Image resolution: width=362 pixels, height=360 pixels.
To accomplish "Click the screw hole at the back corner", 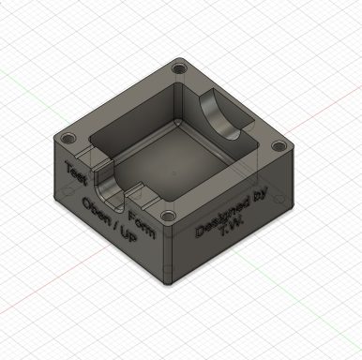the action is click(179, 68).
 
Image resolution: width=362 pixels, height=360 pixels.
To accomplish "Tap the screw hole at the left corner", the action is click(68, 138).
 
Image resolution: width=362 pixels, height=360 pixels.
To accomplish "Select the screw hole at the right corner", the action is click(279, 146).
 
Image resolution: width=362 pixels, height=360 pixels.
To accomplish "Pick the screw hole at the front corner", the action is click(169, 216).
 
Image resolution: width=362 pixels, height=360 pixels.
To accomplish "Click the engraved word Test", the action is click(75, 172).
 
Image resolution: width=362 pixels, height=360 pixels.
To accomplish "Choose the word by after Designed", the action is click(260, 196).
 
